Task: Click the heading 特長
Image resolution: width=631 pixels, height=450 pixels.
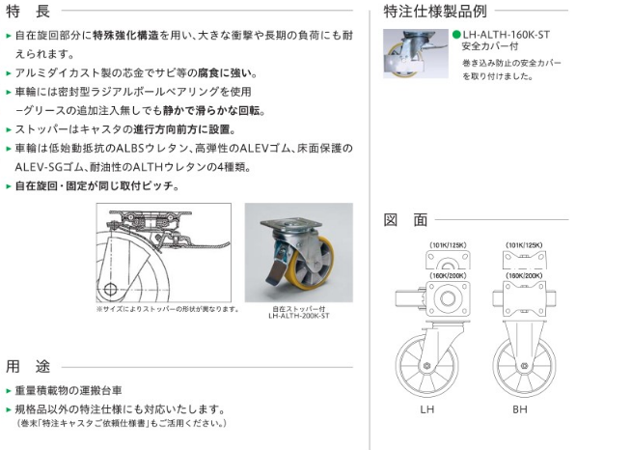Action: coord(27,13)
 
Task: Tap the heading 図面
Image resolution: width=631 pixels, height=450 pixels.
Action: coord(405,219)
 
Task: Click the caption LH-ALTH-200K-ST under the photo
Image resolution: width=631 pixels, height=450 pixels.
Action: coord(298,315)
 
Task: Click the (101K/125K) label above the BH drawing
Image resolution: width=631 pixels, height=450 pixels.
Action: coord(525,245)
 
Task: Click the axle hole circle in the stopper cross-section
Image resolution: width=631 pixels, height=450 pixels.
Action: coord(112,289)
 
